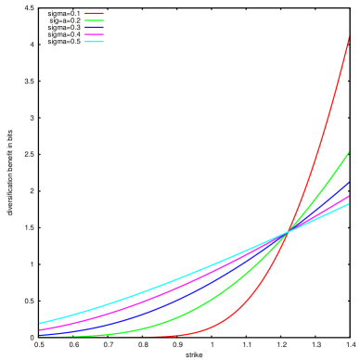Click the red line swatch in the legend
tap(94, 13)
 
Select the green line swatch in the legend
tap(94, 20)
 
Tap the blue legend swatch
tap(94, 28)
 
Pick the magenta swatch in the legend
tap(94, 34)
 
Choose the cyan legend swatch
tap(94, 42)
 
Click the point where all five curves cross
tap(287, 231)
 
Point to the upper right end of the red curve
tap(348, 37)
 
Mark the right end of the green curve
tap(348, 152)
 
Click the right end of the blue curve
tap(348, 183)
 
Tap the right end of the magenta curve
tap(348, 197)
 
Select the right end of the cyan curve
tap(348, 204)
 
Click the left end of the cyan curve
tap(40, 323)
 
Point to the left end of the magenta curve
tap(40, 329)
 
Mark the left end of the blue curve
tap(40, 334)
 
